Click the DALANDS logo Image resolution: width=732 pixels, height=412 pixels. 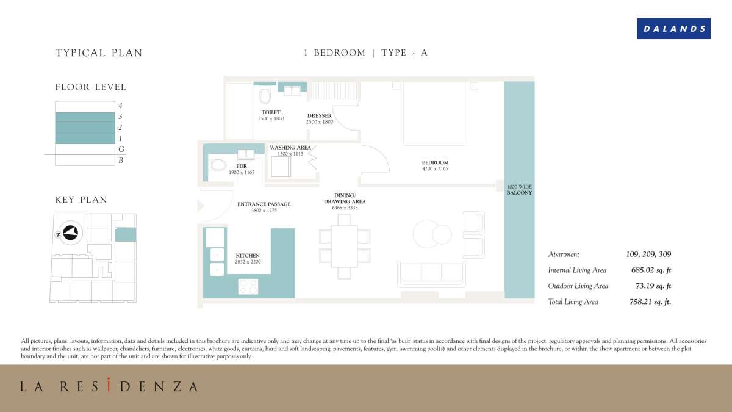(x=673, y=29)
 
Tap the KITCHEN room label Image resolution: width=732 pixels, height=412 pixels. (x=248, y=255)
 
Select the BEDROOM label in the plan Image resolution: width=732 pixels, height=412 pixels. (x=435, y=162)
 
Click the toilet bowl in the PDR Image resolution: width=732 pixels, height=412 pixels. (x=218, y=165)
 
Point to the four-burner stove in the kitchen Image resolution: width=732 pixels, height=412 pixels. (x=248, y=286)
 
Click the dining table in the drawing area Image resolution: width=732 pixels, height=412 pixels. (x=345, y=246)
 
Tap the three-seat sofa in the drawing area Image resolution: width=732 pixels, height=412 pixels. (x=432, y=274)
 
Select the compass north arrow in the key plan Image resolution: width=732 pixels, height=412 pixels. (x=71, y=233)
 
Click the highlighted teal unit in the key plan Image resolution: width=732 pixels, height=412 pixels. (x=126, y=234)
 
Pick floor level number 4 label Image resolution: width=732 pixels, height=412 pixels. (x=120, y=106)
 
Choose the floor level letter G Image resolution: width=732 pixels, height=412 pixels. (x=121, y=150)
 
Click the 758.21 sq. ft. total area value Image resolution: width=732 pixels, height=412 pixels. (x=650, y=302)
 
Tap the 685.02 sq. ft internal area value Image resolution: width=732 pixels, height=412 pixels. (x=651, y=270)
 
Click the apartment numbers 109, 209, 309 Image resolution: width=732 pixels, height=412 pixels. (x=648, y=254)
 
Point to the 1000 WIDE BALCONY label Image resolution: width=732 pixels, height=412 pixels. (x=519, y=190)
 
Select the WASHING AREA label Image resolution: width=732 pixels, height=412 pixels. (x=290, y=148)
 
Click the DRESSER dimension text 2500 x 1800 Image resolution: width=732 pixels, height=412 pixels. (x=320, y=122)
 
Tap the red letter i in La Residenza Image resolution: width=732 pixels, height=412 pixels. (x=109, y=385)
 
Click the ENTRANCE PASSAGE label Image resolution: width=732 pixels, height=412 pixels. (x=264, y=204)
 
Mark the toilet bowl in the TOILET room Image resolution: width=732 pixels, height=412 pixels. (x=265, y=95)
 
